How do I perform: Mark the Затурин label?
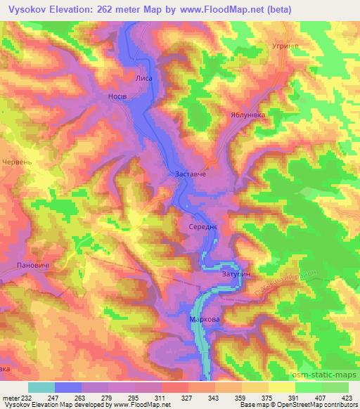[236, 273]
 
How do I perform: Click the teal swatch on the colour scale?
[41, 387]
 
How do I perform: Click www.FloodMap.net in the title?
[221, 9]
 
